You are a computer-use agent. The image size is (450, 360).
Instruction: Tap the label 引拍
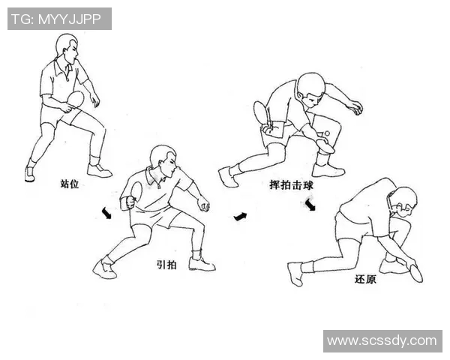coord(166,264)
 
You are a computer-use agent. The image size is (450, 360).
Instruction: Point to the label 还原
coord(365,279)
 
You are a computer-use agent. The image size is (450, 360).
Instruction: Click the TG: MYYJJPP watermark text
coord(59,19)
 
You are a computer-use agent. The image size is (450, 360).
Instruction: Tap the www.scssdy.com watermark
coord(382,341)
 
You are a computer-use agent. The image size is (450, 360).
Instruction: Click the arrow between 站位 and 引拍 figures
coord(107,214)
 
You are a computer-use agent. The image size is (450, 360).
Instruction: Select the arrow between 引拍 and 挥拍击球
coord(240,217)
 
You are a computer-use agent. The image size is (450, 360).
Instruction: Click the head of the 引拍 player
coord(163,157)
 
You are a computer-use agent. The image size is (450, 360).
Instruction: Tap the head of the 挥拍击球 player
coord(310,88)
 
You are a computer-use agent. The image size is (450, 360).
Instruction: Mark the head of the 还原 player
coord(404,201)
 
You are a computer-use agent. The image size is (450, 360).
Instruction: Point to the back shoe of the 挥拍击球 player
coord(227,177)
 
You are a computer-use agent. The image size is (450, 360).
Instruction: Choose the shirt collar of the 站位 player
coord(67,67)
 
